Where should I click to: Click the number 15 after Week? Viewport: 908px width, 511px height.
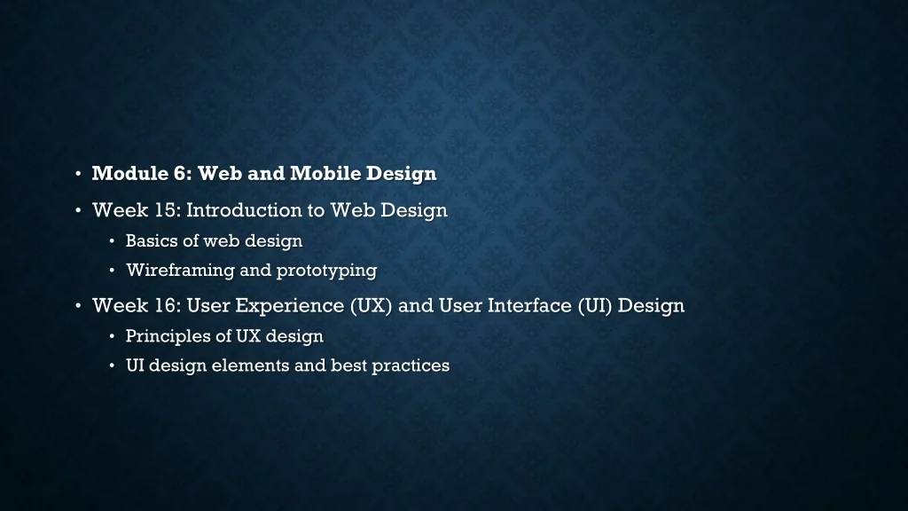168,209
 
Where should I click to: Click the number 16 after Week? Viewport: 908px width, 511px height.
168,305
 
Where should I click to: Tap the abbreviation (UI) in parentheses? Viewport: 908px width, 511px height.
595,305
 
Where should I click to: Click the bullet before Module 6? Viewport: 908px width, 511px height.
78,173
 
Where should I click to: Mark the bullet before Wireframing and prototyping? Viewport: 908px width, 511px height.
112,271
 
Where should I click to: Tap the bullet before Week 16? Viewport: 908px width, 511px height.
78,305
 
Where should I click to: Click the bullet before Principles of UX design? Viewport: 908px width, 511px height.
112,336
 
